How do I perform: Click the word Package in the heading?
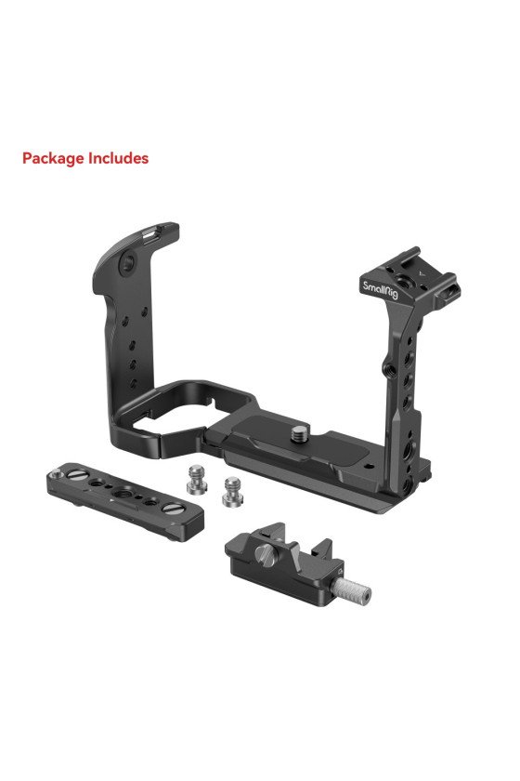point(53,159)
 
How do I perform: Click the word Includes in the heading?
point(118,158)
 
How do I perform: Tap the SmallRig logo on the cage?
point(380,289)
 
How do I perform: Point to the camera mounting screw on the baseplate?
point(299,432)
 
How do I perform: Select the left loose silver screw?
point(196,479)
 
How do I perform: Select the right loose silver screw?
point(231,492)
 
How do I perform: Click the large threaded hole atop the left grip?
point(128,261)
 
